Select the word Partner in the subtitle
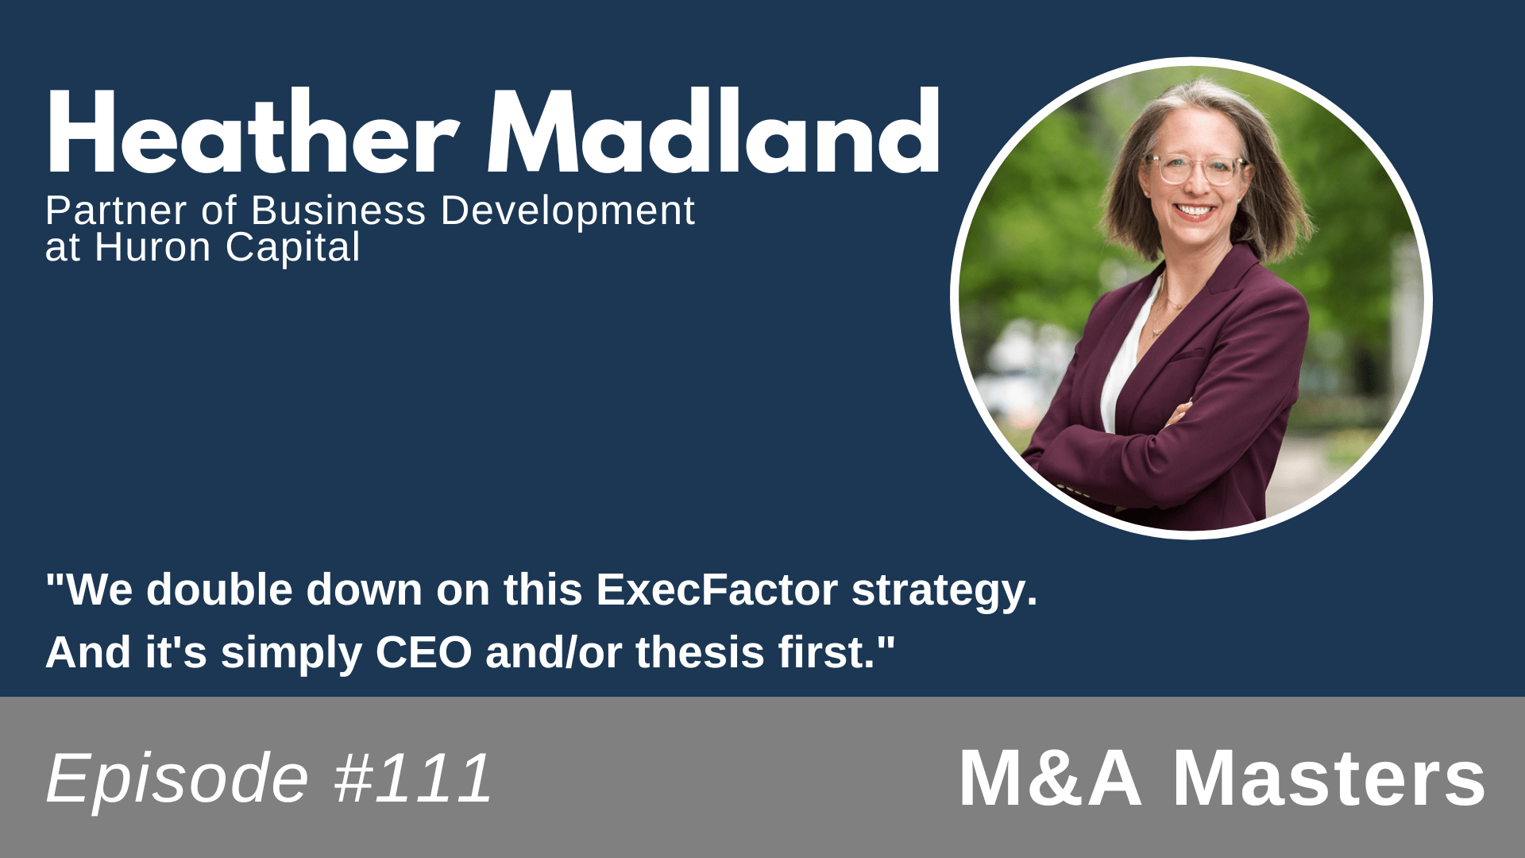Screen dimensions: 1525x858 click(116, 211)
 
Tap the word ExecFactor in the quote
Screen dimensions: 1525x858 click(716, 590)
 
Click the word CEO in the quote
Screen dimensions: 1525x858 click(423, 653)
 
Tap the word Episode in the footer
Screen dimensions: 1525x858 click(177, 779)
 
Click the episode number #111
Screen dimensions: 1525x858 click(413, 779)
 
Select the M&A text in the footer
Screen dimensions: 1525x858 click(1051, 779)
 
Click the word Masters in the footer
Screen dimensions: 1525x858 click(1329, 779)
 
